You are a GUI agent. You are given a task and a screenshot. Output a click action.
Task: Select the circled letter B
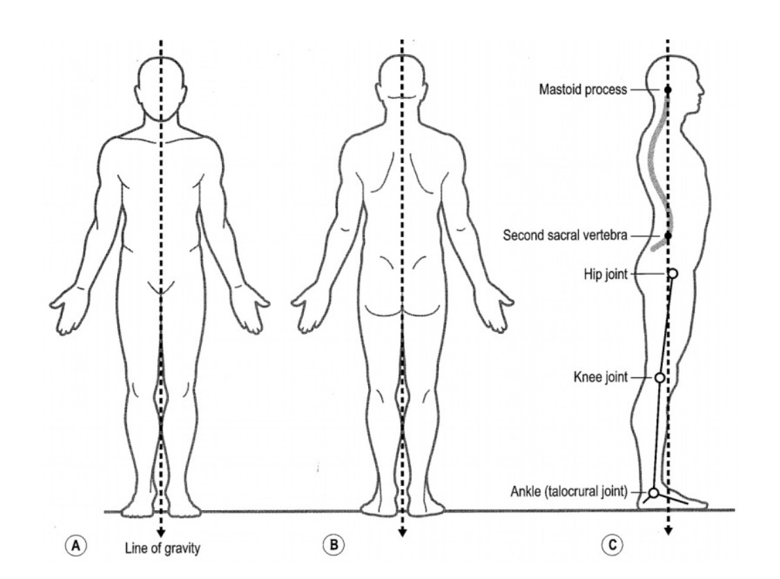click(x=335, y=546)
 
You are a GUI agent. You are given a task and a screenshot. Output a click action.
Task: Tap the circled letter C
click(x=611, y=546)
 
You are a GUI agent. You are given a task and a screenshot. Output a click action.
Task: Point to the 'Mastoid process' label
click(x=582, y=90)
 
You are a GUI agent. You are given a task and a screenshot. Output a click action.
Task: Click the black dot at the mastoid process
click(x=668, y=90)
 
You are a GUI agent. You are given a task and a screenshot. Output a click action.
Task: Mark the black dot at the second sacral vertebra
click(x=668, y=236)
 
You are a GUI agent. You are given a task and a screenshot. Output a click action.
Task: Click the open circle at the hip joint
click(x=672, y=274)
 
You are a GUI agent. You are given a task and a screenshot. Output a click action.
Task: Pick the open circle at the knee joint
click(x=659, y=378)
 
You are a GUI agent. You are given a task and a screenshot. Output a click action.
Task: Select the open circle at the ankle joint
click(x=652, y=493)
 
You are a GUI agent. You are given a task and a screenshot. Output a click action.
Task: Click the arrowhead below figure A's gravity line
click(x=161, y=533)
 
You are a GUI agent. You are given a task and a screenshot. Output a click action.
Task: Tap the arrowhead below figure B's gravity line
click(x=402, y=533)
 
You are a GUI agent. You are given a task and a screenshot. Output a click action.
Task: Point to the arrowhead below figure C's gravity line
click(x=668, y=532)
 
